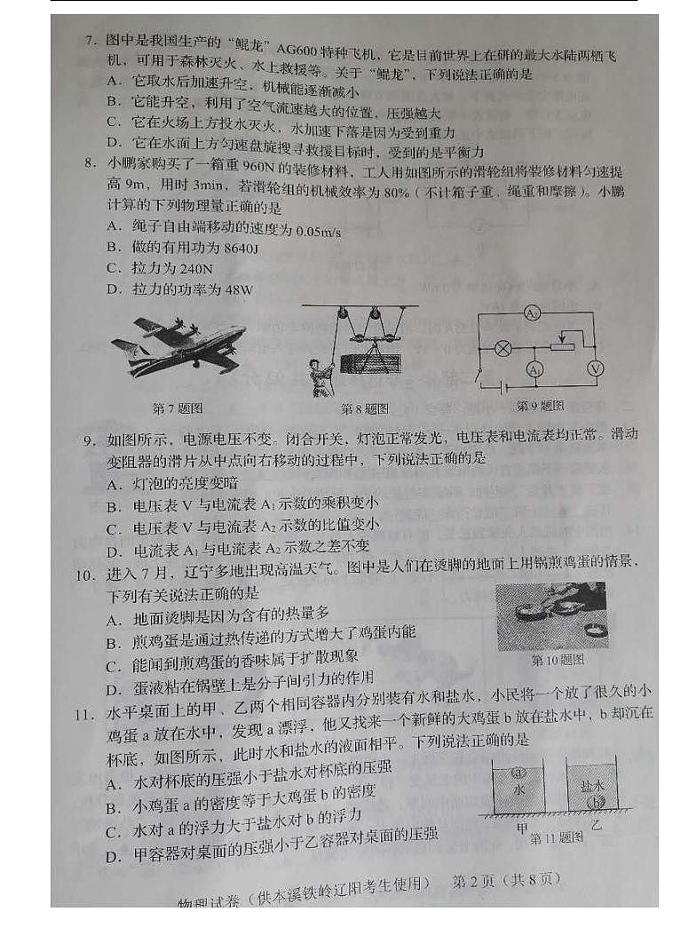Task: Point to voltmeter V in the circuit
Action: [x=598, y=367]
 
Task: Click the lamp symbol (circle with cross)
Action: [x=503, y=348]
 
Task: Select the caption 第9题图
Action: [x=541, y=405]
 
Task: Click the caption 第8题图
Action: [x=365, y=409]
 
